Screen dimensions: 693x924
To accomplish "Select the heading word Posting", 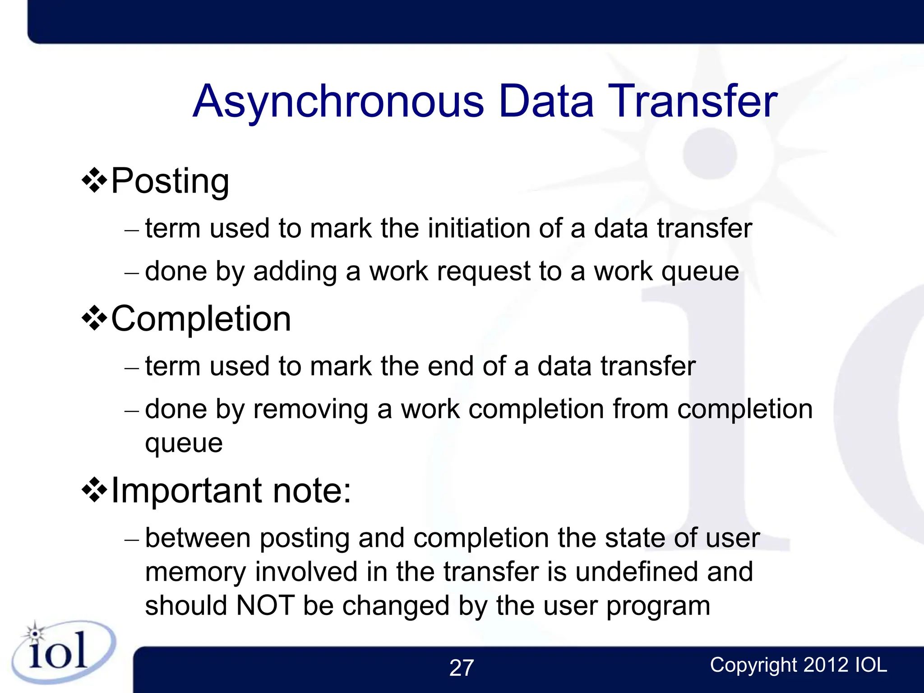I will (170, 181).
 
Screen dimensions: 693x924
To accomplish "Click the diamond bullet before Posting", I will (94, 181).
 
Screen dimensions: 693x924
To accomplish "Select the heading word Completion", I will (201, 319).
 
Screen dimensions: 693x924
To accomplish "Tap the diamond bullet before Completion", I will (94, 319).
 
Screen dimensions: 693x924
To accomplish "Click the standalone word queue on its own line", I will (184, 444).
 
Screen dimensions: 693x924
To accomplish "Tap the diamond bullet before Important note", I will (94, 490).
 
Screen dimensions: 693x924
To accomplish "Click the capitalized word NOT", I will (265, 605).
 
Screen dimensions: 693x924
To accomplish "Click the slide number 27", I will (462, 668).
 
